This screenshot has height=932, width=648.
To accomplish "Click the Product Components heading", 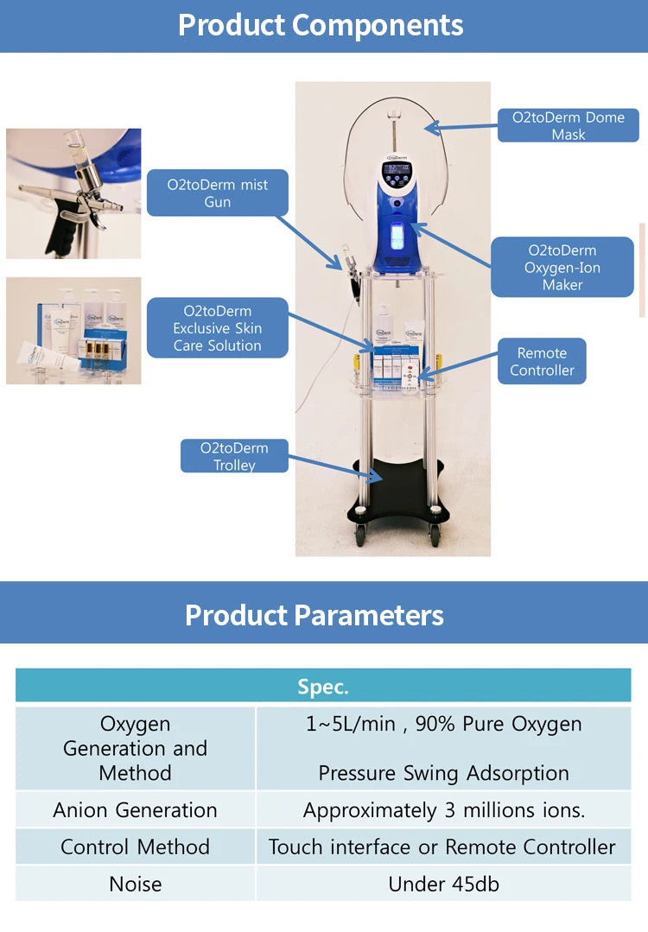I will [x=321, y=25].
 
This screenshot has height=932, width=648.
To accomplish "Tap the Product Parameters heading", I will [x=314, y=615].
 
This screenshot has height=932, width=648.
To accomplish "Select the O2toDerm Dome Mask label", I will [x=568, y=126].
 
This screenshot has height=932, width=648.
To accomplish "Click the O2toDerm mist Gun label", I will [x=217, y=193].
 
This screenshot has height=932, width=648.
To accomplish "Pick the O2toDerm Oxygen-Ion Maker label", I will [x=562, y=268].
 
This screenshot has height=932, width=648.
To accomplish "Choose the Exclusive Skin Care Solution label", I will [x=217, y=328].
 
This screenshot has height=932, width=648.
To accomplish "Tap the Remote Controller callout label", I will [x=542, y=362].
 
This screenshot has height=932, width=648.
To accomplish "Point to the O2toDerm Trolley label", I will [x=234, y=456].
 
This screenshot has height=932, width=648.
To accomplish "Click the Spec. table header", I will [x=323, y=687].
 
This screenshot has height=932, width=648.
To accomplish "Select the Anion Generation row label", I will [x=135, y=810].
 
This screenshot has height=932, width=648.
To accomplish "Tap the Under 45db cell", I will [x=443, y=884].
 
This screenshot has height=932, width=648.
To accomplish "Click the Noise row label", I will [x=135, y=884].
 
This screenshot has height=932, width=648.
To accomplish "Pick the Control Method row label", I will [x=135, y=847].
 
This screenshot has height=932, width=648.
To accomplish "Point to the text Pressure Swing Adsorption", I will [x=443, y=773].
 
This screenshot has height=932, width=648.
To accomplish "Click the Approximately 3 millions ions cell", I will [x=443, y=810].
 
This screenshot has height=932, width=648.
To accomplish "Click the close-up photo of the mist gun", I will [x=73, y=193].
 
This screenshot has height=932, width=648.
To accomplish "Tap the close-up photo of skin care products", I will [x=73, y=331].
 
